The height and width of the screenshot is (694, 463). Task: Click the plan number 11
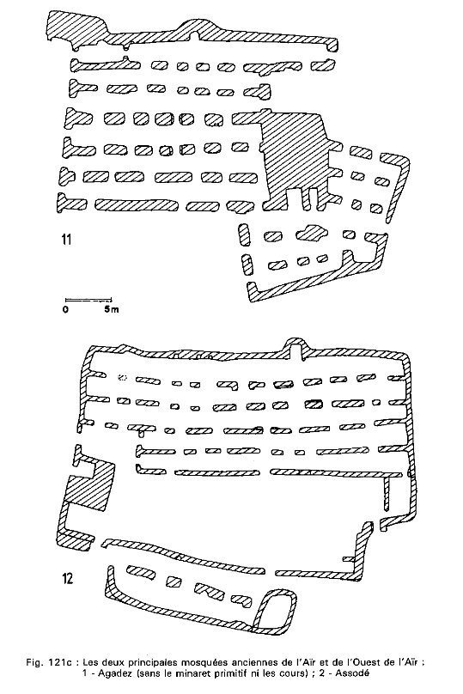(66, 240)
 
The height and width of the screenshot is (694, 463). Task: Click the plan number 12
(67, 578)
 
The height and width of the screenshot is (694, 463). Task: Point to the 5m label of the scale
(112, 309)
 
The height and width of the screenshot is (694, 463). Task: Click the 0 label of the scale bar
(65, 309)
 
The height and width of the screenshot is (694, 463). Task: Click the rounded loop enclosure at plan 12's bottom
(274, 612)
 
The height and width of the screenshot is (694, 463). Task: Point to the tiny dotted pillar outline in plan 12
(123, 378)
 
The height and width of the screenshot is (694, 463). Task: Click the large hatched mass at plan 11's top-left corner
(76, 28)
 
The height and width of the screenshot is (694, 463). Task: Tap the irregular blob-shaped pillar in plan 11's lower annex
(313, 234)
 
